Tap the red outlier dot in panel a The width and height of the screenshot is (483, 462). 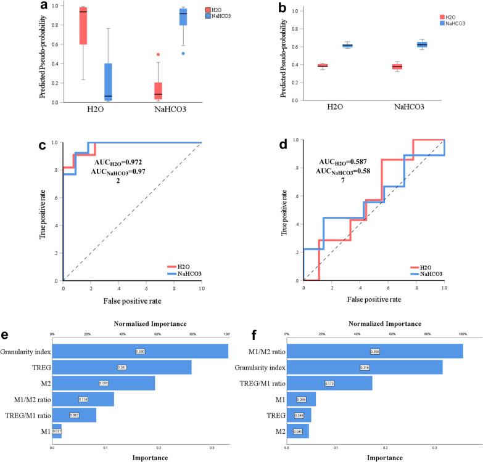158,55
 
